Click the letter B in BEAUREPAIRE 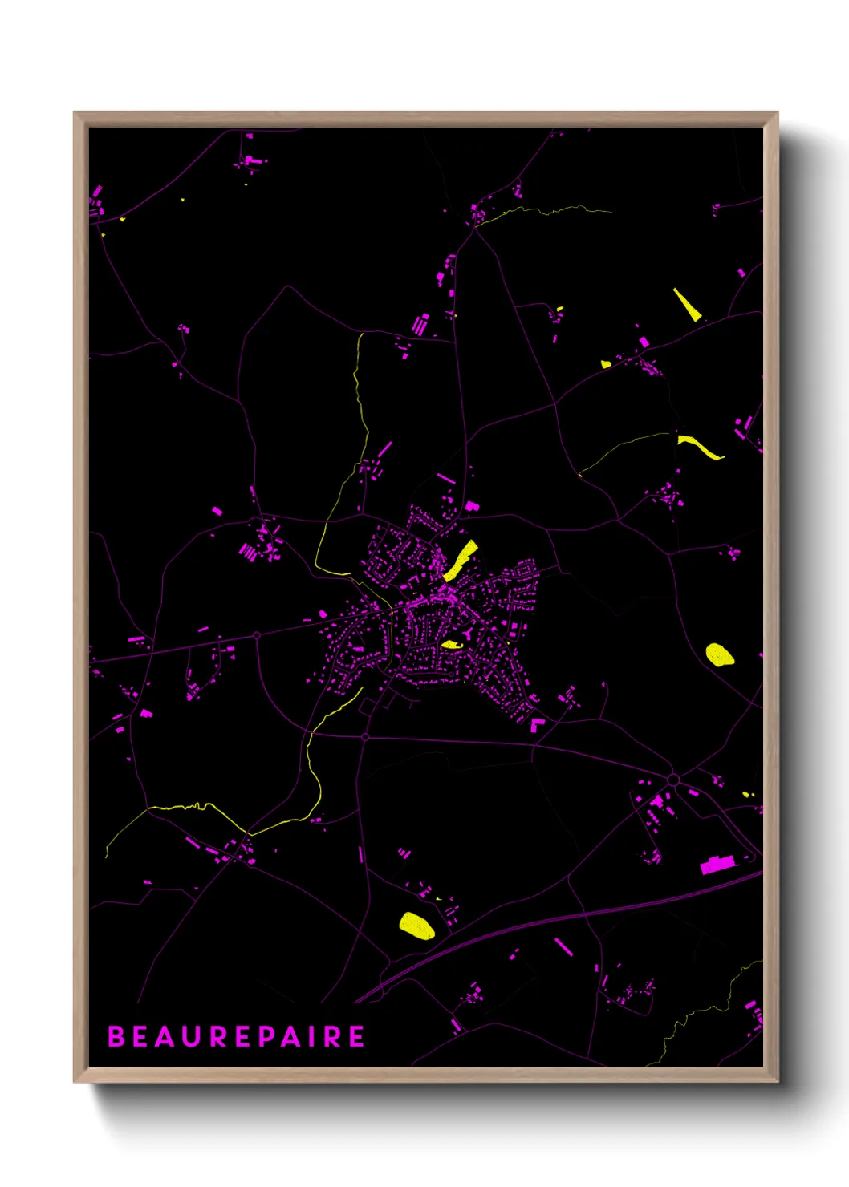[x=116, y=1036]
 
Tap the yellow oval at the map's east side [x=719, y=654]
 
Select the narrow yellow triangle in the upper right [x=686, y=305]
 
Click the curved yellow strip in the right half [x=700, y=447]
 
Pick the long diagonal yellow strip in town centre [x=461, y=560]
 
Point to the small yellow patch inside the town [x=452, y=644]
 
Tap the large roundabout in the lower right [x=672, y=780]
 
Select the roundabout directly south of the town [x=365, y=736]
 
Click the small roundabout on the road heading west [x=257, y=635]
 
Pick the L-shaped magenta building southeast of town [x=536, y=725]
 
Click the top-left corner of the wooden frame [x=75, y=113]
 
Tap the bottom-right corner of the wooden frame [x=777, y=1081]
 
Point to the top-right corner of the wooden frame [x=777, y=113]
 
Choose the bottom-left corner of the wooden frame [x=75, y=1081]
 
